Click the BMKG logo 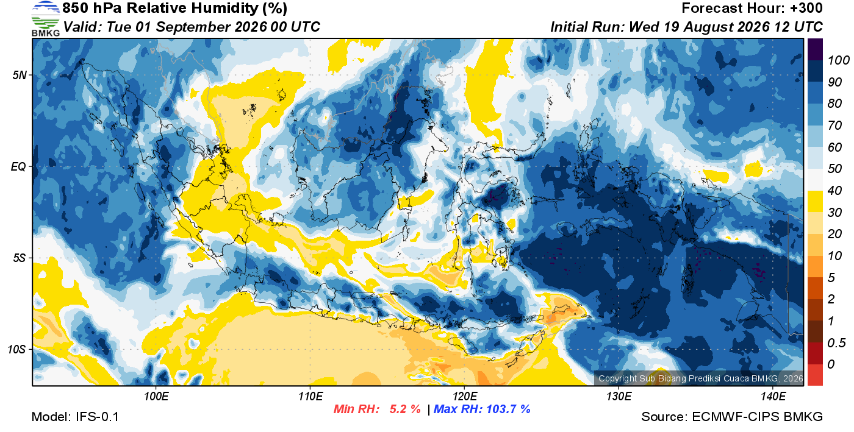tap(45, 18)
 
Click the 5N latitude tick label tap(20, 75)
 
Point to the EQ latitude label tap(18, 166)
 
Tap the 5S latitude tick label tap(20, 258)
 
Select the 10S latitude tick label tap(17, 349)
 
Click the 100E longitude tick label tap(156, 396)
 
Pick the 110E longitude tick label tap(310, 396)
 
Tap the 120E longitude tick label tap(464, 396)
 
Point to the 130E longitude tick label tap(619, 396)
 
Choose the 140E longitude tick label tap(773, 396)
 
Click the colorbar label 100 tap(838, 60)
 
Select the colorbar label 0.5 tap(836, 343)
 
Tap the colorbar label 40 tap(834, 191)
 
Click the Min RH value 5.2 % tap(405, 409)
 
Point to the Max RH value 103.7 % tap(508, 409)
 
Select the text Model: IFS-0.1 tap(75, 417)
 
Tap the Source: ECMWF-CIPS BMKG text tap(731, 417)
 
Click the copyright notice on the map tap(700, 378)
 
